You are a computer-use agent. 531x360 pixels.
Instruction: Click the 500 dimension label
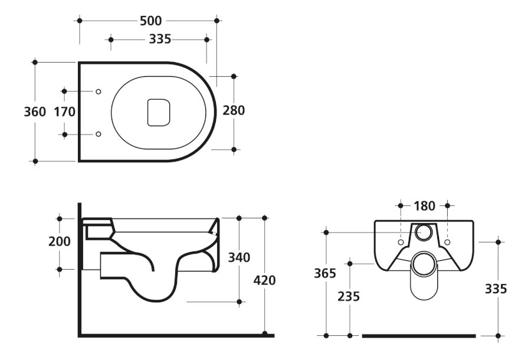[150, 21]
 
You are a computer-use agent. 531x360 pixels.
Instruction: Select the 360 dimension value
[35, 112]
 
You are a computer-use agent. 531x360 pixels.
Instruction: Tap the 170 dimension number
[64, 112]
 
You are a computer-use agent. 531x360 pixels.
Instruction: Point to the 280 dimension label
[234, 110]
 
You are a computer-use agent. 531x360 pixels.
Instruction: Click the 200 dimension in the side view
[59, 241]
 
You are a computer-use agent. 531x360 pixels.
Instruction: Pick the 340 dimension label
[239, 257]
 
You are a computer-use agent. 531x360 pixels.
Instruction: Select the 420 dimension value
[264, 280]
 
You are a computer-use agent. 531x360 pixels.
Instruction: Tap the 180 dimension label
[424, 206]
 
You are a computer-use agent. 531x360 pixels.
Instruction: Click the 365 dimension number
[324, 273]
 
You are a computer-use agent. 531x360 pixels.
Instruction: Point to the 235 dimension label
[349, 297]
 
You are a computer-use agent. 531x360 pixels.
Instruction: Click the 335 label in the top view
[160, 40]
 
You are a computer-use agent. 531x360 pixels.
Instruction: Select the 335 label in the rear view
[496, 289]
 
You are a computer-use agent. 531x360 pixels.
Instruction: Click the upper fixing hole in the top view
[98, 91]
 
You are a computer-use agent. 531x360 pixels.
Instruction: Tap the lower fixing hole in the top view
[98, 134]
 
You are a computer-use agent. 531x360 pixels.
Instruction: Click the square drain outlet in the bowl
[159, 113]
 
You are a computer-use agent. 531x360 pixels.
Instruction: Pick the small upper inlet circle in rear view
[424, 233]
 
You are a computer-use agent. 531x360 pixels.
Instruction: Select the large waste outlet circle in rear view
[424, 263]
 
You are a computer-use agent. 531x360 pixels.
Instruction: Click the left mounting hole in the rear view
[401, 242]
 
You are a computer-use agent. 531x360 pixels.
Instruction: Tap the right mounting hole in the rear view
[447, 242]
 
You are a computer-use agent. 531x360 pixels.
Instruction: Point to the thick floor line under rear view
[419, 336]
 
